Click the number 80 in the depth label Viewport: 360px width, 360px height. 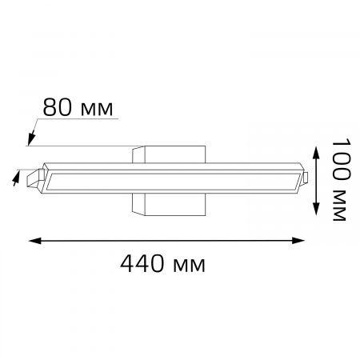coord(57,107)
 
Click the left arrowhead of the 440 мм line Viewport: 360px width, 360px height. coord(34,239)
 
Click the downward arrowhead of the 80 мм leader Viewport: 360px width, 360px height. coord(30,142)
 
